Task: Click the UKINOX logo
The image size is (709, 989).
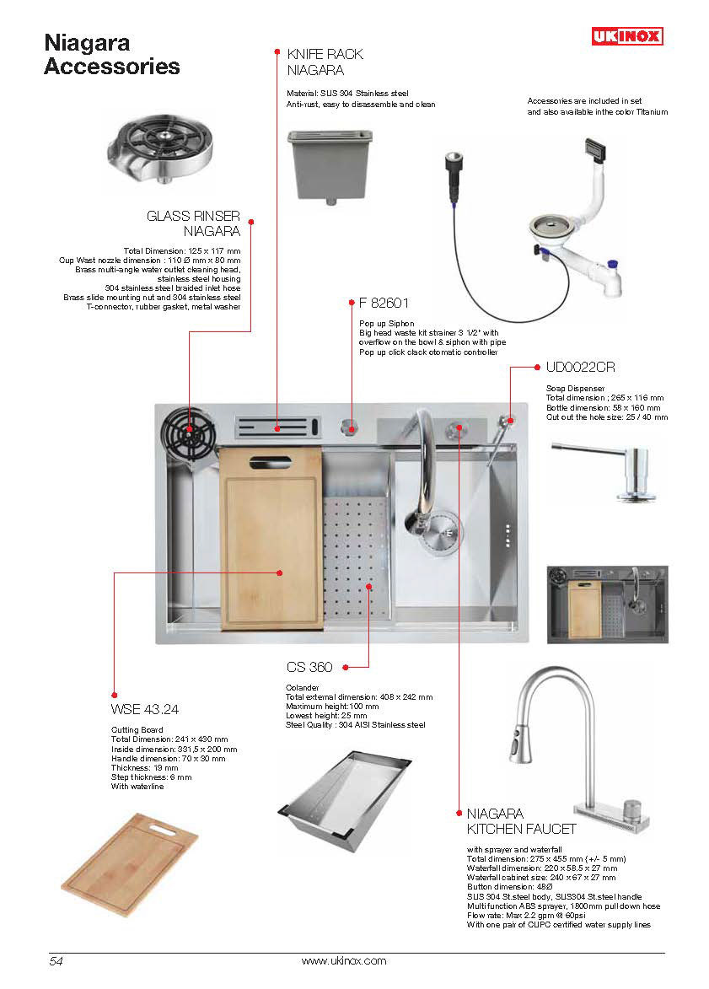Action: (x=626, y=36)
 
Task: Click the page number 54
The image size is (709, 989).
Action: (x=56, y=961)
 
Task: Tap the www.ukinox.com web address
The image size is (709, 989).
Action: (x=343, y=961)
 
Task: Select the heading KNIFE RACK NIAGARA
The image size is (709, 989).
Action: (x=325, y=62)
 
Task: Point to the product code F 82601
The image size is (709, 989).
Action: (x=384, y=304)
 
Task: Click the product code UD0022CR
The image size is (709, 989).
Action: (x=580, y=367)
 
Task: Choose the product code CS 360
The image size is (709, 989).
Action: (x=309, y=667)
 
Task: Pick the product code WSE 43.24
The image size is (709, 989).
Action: (x=144, y=709)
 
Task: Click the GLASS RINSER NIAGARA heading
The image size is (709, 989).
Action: (x=194, y=223)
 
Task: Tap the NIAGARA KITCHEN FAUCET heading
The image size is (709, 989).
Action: (x=521, y=821)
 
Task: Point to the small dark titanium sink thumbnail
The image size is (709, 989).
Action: (x=607, y=604)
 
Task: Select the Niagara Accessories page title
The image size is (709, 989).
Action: (x=111, y=54)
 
